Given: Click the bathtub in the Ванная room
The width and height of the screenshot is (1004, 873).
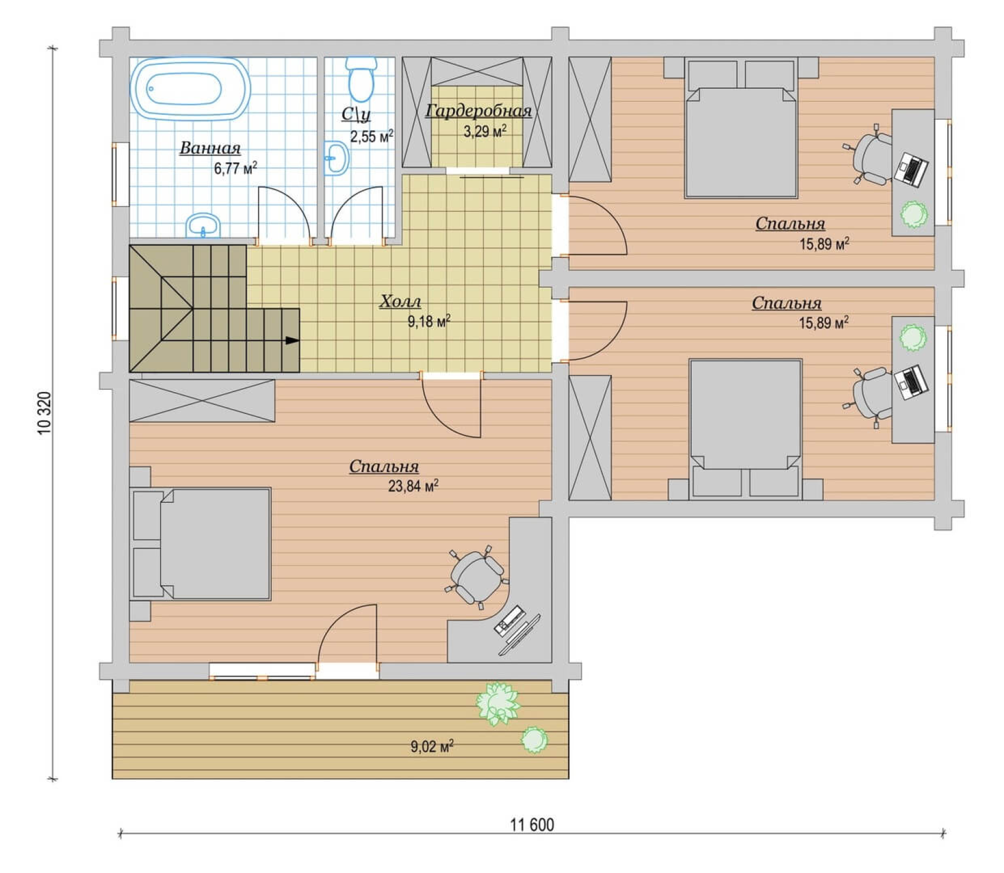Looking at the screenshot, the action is [190, 88].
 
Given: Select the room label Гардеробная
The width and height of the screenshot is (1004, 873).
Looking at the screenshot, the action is [478, 111].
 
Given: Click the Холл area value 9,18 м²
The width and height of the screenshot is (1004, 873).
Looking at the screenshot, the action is [429, 321].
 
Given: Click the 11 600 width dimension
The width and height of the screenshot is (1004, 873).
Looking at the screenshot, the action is [531, 825].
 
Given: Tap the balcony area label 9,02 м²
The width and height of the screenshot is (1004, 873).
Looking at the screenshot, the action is [432, 746].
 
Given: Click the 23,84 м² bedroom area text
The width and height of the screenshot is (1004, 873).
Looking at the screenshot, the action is [413, 486].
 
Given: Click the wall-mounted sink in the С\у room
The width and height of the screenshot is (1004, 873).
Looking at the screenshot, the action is [336, 158].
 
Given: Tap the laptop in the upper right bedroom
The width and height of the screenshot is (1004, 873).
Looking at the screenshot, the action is [911, 169].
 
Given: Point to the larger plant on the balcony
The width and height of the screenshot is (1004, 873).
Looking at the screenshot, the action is [498, 703].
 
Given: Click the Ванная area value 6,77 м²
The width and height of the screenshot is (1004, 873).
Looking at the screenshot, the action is [235, 168].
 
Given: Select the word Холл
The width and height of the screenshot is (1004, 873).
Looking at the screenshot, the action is [400, 301].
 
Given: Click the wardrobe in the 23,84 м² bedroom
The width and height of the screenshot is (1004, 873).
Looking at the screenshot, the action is [202, 401].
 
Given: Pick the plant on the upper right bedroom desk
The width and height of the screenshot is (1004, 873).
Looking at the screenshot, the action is [914, 214].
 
